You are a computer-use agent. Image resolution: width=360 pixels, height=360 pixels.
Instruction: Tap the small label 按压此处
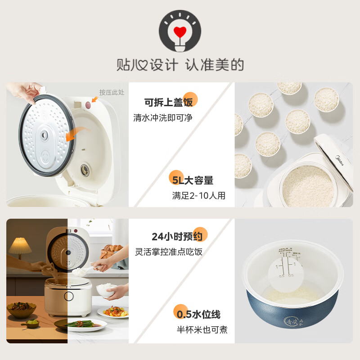click(x=112, y=92)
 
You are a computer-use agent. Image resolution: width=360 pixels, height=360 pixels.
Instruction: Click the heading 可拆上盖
click(x=168, y=102)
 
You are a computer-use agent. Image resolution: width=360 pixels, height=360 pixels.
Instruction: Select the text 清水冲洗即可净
click(x=164, y=118)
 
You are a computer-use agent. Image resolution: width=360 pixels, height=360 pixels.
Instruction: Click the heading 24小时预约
click(x=177, y=236)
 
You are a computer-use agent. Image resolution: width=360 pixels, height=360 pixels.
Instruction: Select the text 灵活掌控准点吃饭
click(x=169, y=252)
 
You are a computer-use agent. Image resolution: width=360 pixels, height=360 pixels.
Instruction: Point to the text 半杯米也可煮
click(x=202, y=330)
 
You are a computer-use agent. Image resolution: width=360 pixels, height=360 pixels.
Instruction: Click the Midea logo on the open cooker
click(x=339, y=159)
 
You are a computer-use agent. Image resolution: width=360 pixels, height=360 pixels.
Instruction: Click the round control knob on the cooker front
click(x=68, y=296)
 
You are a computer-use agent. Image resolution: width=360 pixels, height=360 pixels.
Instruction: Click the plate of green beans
click(x=80, y=324)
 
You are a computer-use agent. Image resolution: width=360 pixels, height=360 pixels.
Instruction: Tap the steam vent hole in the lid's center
click(x=45, y=135)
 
